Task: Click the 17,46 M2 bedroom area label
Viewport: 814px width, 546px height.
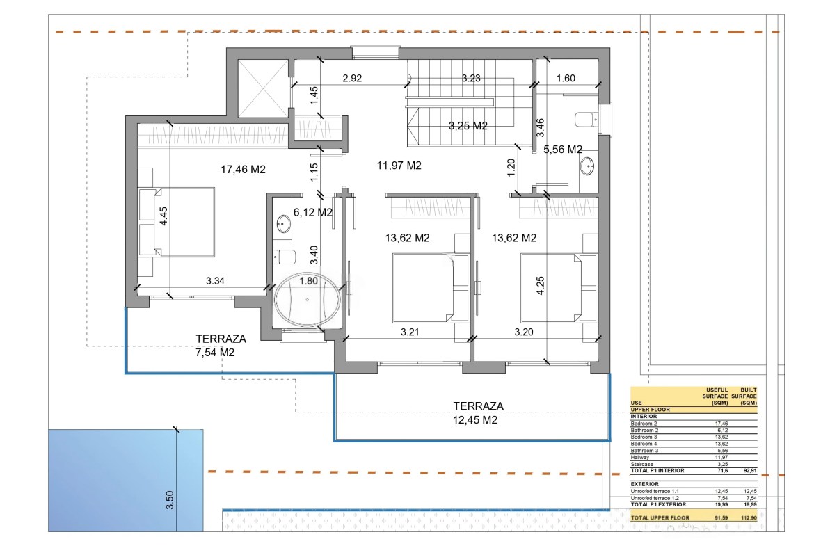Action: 243,169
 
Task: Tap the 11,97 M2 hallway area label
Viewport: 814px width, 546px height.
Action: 399,166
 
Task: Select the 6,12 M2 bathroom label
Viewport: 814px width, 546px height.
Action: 312,212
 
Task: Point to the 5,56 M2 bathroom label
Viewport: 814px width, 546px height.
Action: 563,150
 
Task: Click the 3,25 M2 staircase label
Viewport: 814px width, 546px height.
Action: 468,126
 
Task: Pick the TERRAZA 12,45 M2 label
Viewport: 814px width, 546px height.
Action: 476,413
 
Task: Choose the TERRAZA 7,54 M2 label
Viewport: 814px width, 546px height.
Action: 221,346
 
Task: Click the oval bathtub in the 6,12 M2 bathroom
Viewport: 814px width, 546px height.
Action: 307,300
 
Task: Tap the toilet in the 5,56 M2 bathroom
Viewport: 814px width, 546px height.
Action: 586,120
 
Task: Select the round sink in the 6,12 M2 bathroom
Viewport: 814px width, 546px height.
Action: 283,224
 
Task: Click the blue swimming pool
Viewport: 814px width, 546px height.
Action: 126,480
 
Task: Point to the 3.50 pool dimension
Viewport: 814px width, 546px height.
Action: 169,500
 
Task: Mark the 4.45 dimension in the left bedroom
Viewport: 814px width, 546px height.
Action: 163,216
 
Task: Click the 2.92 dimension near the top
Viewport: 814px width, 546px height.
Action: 352,79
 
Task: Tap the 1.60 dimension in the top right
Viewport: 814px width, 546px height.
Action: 566,79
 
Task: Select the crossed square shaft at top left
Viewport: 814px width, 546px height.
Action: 263,89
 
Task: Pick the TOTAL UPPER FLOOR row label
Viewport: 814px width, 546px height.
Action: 660,518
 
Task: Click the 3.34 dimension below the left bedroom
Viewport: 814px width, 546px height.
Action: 215,281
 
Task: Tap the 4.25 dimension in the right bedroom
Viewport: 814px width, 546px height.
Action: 541,285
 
